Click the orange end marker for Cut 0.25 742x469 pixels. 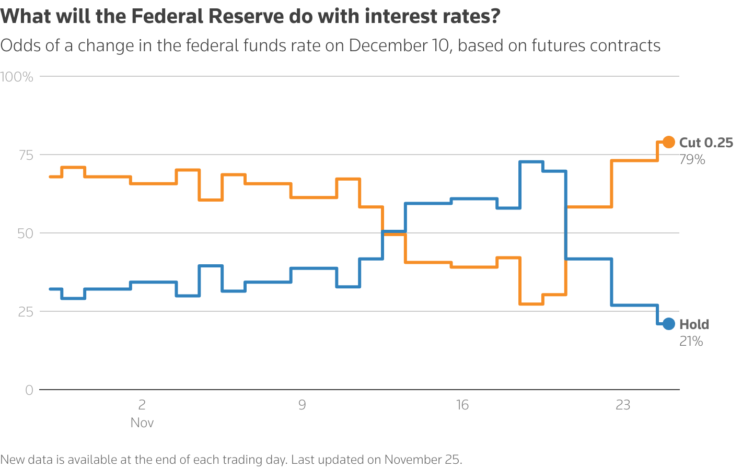668,142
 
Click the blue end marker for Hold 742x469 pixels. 668,324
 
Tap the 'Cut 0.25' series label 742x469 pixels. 706,143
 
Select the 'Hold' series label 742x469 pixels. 694,324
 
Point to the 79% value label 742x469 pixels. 692,160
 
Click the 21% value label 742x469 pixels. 691,342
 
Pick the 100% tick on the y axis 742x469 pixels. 17,77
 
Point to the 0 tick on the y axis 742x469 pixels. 29,390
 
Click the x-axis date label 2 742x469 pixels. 142,405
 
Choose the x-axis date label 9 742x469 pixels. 302,405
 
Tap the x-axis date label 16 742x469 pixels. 462,405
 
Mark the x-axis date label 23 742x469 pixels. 623,405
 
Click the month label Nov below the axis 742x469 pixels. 142,423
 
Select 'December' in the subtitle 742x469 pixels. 384,45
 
